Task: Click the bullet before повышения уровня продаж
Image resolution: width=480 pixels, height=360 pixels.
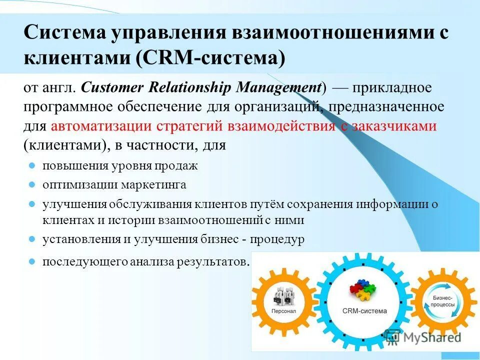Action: click(x=31, y=165)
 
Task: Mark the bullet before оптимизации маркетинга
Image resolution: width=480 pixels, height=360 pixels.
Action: click(x=31, y=184)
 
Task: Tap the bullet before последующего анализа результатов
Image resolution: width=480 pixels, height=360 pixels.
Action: click(x=31, y=261)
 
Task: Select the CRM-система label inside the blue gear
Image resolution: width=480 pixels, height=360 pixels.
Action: click(x=364, y=310)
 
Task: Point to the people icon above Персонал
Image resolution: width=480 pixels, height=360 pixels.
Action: click(x=283, y=296)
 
